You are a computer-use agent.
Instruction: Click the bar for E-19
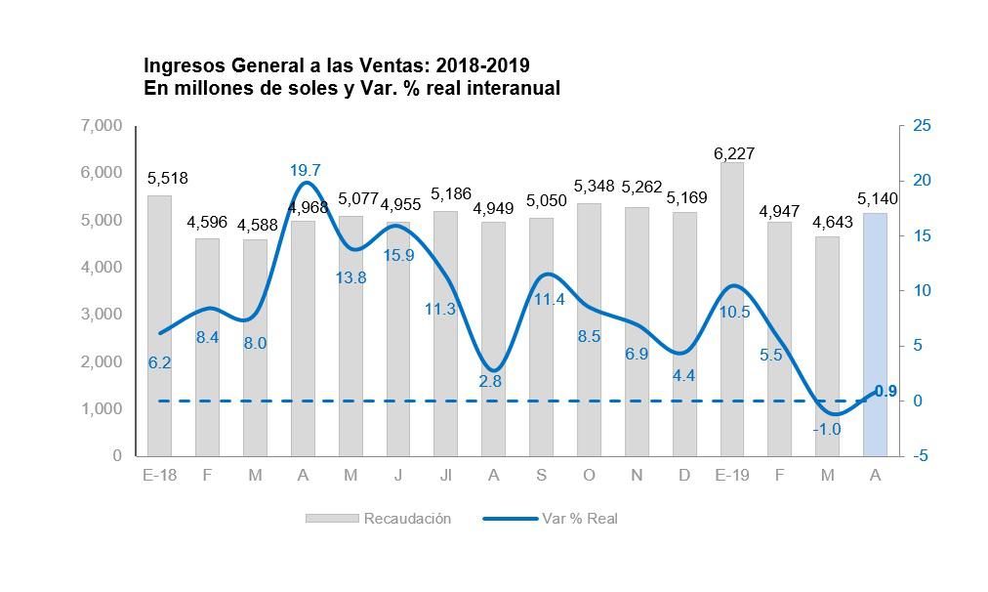pyautogui.click(x=731, y=313)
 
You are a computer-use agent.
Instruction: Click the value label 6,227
pyautogui.click(x=734, y=154)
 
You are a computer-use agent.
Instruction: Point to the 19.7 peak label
pyautogui.click(x=306, y=171)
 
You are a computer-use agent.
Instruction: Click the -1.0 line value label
pyautogui.click(x=827, y=429)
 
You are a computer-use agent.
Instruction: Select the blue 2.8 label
pyautogui.click(x=490, y=381)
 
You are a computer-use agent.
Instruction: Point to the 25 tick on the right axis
pyautogui.click(x=922, y=126)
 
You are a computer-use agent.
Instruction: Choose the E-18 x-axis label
pyautogui.click(x=159, y=476)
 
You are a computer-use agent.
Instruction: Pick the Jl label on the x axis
pyautogui.click(x=445, y=476)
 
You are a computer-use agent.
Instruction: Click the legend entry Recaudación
pyautogui.click(x=406, y=519)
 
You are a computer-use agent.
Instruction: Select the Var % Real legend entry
pyautogui.click(x=579, y=519)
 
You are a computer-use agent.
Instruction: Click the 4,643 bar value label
pyautogui.click(x=831, y=222)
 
